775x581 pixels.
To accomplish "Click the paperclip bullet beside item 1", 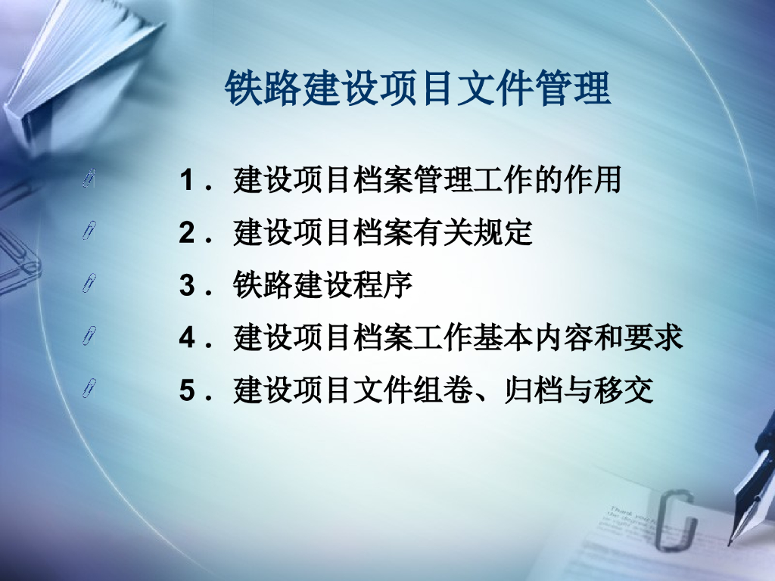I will [89, 178].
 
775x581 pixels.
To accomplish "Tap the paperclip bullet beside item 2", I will [89, 230].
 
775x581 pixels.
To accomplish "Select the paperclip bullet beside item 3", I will [89, 283].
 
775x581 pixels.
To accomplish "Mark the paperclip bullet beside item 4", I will [89, 336].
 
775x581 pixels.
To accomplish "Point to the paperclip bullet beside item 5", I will [89, 389].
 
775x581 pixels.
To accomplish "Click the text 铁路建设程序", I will [323, 287].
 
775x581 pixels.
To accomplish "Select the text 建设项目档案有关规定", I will [383, 234].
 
